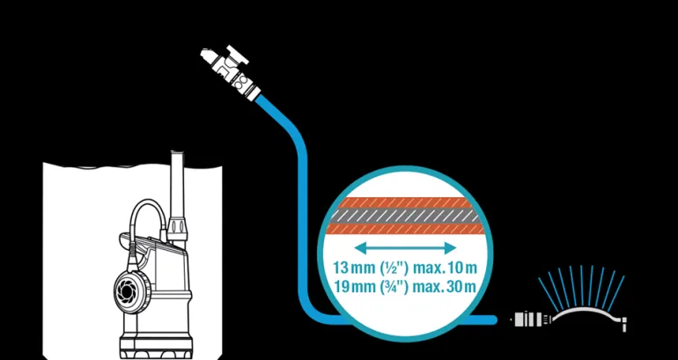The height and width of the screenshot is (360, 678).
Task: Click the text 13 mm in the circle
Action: pyautogui.click(x=350, y=267)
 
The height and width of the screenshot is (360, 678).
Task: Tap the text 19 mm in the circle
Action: pyautogui.click(x=350, y=286)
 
